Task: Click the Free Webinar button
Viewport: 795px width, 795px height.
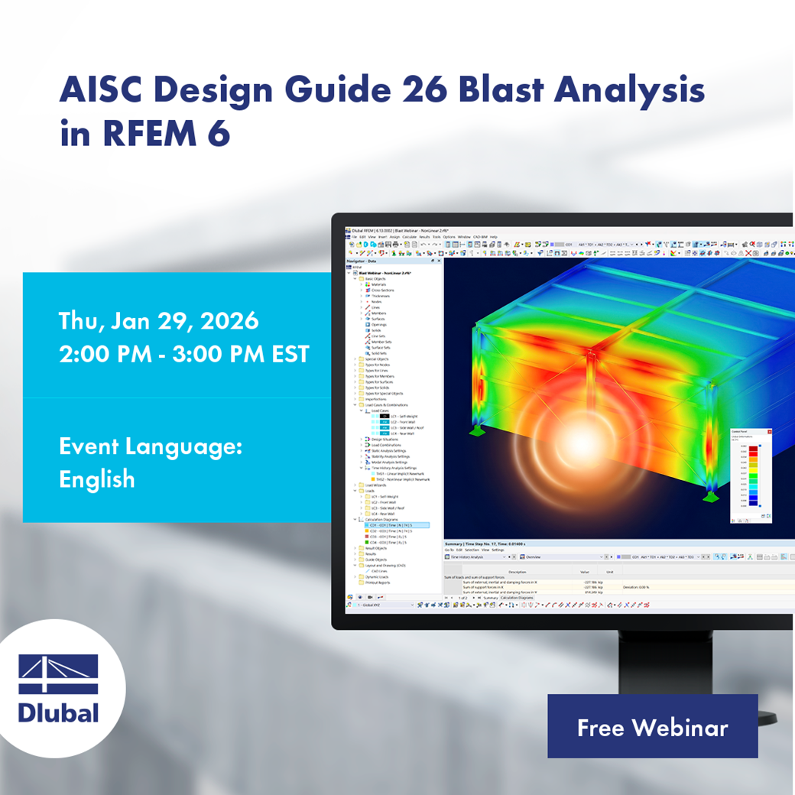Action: (x=652, y=727)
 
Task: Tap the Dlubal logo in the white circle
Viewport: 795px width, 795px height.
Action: (x=59, y=688)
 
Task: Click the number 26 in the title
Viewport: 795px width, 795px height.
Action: (x=423, y=90)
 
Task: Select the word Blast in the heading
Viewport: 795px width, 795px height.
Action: (x=501, y=90)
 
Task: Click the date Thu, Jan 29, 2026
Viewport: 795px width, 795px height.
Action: (x=159, y=321)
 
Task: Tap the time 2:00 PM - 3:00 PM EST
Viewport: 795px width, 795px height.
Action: (x=184, y=354)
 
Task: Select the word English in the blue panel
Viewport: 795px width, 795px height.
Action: (x=97, y=479)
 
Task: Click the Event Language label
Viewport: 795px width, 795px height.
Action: (x=151, y=446)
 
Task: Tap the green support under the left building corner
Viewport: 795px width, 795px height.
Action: (x=477, y=432)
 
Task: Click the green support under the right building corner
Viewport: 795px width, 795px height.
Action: (x=710, y=495)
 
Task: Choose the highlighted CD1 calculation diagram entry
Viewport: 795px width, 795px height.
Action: (x=391, y=525)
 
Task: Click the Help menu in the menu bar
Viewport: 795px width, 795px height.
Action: (x=493, y=237)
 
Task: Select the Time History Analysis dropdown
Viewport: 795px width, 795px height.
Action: (x=474, y=557)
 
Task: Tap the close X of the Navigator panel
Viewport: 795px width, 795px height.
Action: (x=439, y=261)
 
